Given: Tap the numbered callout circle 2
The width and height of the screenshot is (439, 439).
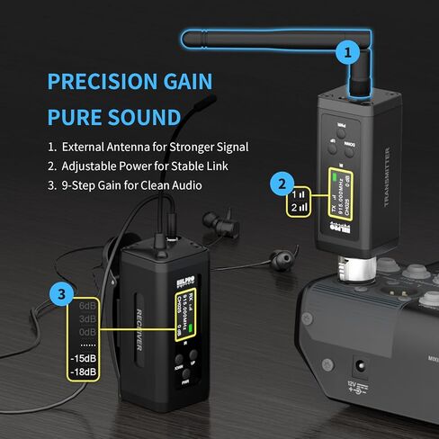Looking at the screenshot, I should tap(282, 185).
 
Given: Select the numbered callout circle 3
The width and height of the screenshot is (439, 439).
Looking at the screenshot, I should tap(60, 293).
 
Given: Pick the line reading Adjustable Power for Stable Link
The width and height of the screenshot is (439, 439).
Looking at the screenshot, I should tap(139, 166).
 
